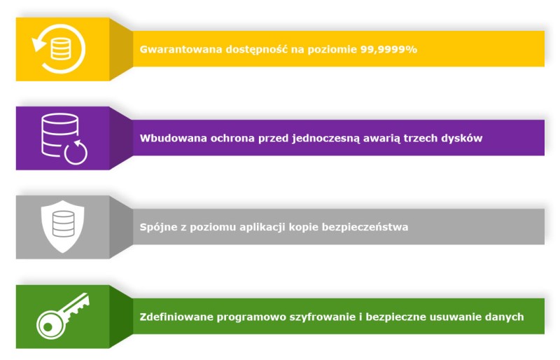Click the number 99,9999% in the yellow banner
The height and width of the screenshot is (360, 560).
pyautogui.click(x=388, y=49)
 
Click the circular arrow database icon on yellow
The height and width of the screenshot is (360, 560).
pyautogui.click(x=59, y=48)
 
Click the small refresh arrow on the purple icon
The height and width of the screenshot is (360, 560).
pyautogui.click(x=76, y=152)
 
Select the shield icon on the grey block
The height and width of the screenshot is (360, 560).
pyautogui.click(x=63, y=227)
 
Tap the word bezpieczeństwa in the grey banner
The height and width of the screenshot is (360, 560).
pyautogui.click(x=365, y=227)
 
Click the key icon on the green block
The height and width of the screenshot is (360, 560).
pyautogui.click(x=63, y=316)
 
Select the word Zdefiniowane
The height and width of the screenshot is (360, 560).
pyautogui.click(x=176, y=317)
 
